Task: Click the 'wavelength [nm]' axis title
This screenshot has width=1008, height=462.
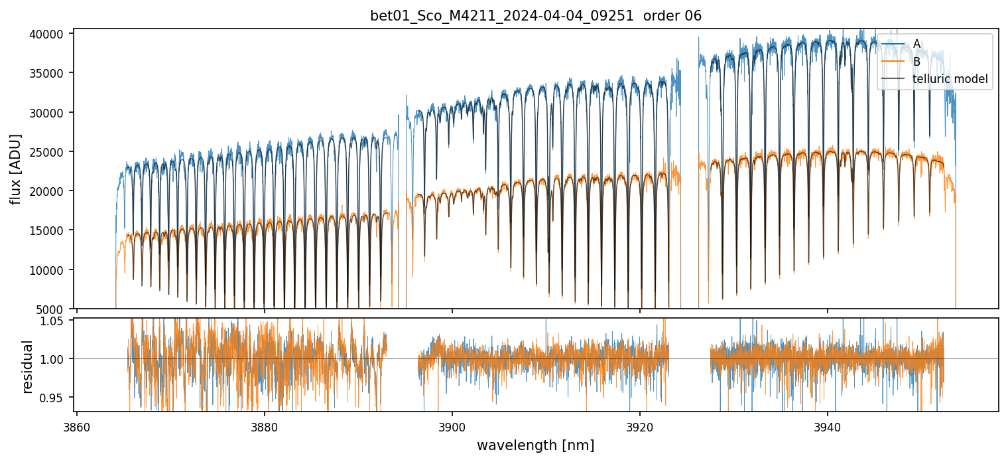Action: coord(536,445)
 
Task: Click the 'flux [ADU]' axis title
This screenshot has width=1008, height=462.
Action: coord(15,169)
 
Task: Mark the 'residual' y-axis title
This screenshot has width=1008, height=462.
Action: coord(27,366)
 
